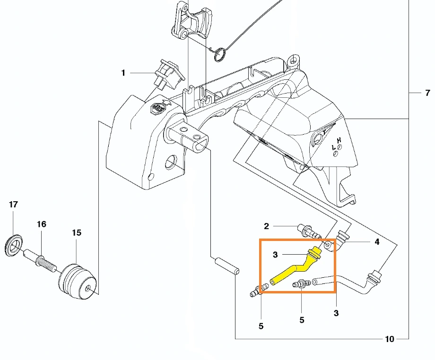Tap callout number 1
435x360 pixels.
point(123,73)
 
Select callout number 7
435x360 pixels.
point(427,93)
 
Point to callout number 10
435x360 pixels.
point(390,339)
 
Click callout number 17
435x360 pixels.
point(13,205)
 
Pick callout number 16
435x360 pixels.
point(42,224)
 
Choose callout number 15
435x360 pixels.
point(77,232)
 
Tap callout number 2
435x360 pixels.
point(266,226)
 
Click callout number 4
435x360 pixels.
point(377,242)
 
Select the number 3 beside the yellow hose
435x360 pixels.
point(275,255)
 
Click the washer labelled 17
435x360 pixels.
point(14,245)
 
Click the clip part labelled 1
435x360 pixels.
point(169,74)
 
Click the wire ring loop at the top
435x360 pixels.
point(220,54)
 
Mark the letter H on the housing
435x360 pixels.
point(339,140)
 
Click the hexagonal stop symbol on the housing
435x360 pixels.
point(157,108)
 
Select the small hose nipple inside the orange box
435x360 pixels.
point(302,284)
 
